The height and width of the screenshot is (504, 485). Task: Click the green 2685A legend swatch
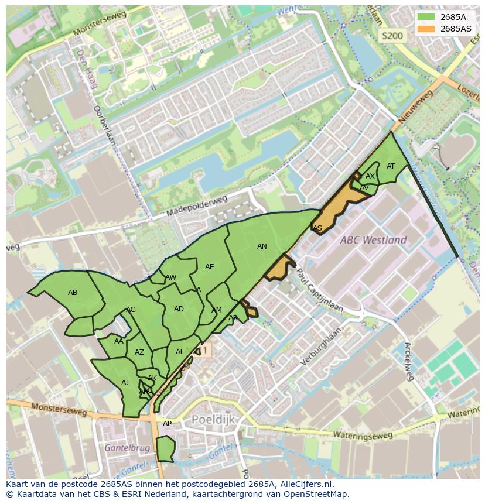click(426, 17)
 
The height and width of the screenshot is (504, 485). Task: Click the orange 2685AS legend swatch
click(426, 28)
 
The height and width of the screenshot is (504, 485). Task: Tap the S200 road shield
click(392, 36)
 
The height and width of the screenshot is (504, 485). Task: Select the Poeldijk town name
click(213, 420)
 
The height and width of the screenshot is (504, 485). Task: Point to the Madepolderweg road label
click(196, 206)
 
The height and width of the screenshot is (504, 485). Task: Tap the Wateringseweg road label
click(363, 435)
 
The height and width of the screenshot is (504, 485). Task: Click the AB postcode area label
click(73, 293)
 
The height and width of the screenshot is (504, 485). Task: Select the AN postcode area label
click(262, 246)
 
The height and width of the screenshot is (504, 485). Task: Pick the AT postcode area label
click(391, 166)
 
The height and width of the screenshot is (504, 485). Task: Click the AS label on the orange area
click(317, 228)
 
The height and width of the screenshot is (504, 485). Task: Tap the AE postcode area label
click(209, 267)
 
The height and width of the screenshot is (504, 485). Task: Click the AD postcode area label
click(179, 309)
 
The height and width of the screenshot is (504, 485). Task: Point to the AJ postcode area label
click(125, 383)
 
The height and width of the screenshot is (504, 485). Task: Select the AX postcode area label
click(370, 176)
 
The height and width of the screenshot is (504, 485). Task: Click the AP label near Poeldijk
click(167, 424)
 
